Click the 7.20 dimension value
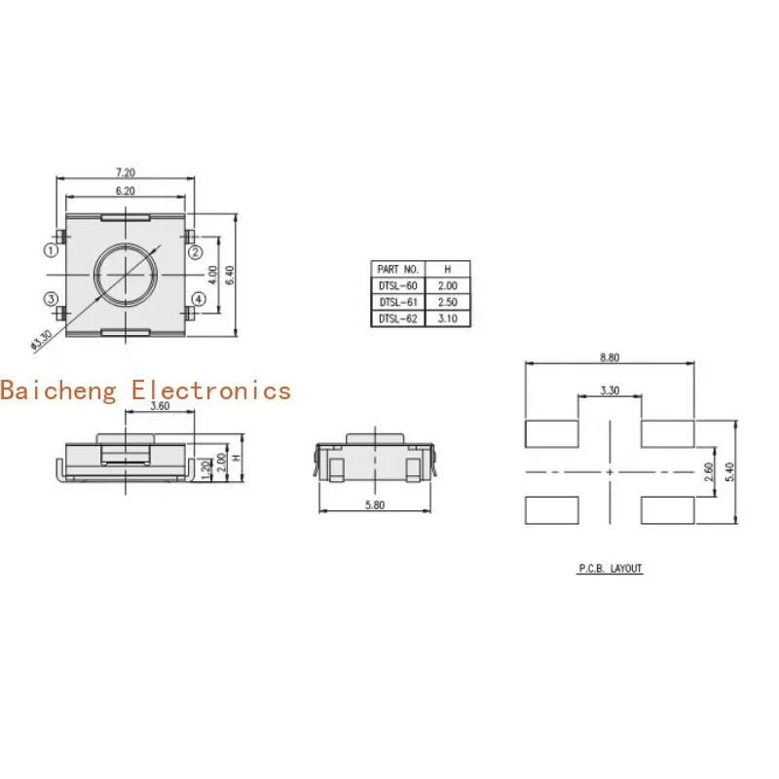point(126,172)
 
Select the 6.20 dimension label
point(126,191)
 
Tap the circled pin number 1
point(52,250)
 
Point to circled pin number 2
point(196,252)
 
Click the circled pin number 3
point(52,299)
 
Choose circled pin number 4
point(199,299)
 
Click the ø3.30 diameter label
point(41,340)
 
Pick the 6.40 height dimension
point(230,275)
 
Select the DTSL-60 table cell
point(398,285)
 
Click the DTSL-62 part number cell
point(398,318)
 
